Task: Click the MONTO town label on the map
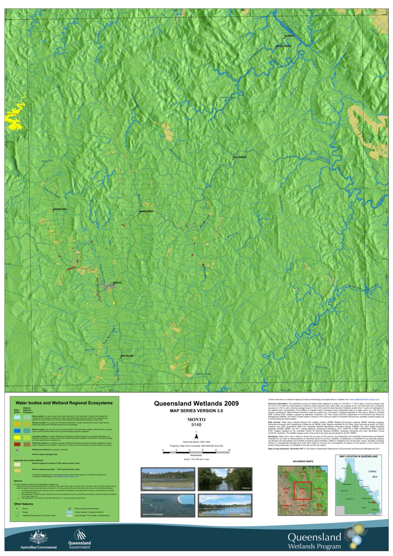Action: coord(117,282)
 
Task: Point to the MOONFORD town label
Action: coord(59,209)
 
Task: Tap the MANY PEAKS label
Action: coord(283,46)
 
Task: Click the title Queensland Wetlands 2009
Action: coord(196,403)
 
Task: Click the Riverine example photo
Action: coord(224,479)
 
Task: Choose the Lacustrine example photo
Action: coord(224,505)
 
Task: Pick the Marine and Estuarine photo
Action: coord(167,505)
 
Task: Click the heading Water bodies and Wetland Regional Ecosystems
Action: coord(64,402)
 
